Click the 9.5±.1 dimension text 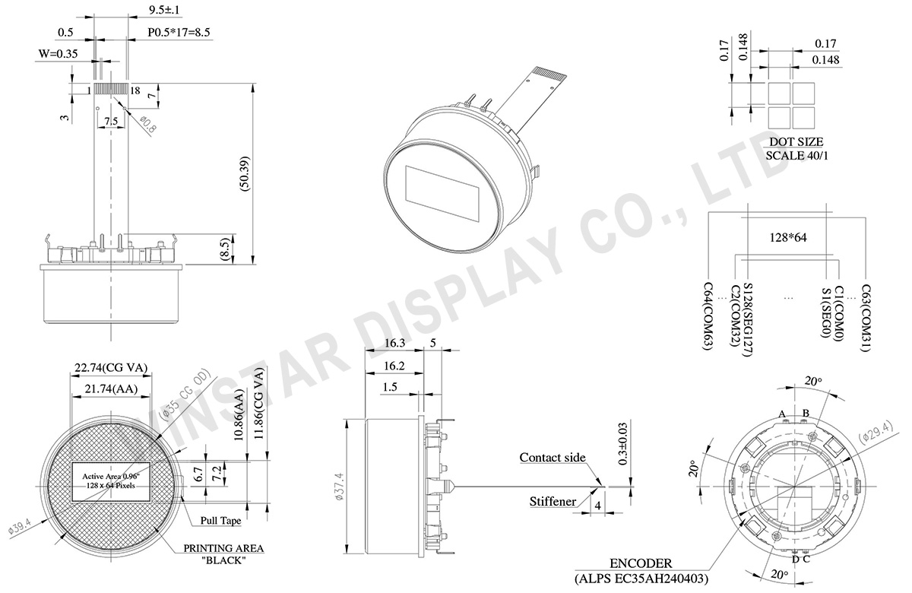(x=164, y=10)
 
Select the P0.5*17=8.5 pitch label (x=179, y=32)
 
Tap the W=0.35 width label (x=58, y=54)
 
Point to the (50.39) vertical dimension (x=245, y=173)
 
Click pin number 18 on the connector (x=135, y=90)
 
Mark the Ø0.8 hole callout (x=147, y=124)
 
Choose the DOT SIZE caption (x=796, y=141)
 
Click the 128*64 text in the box (x=788, y=237)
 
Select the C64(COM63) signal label (x=708, y=316)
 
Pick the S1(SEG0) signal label (x=825, y=312)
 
